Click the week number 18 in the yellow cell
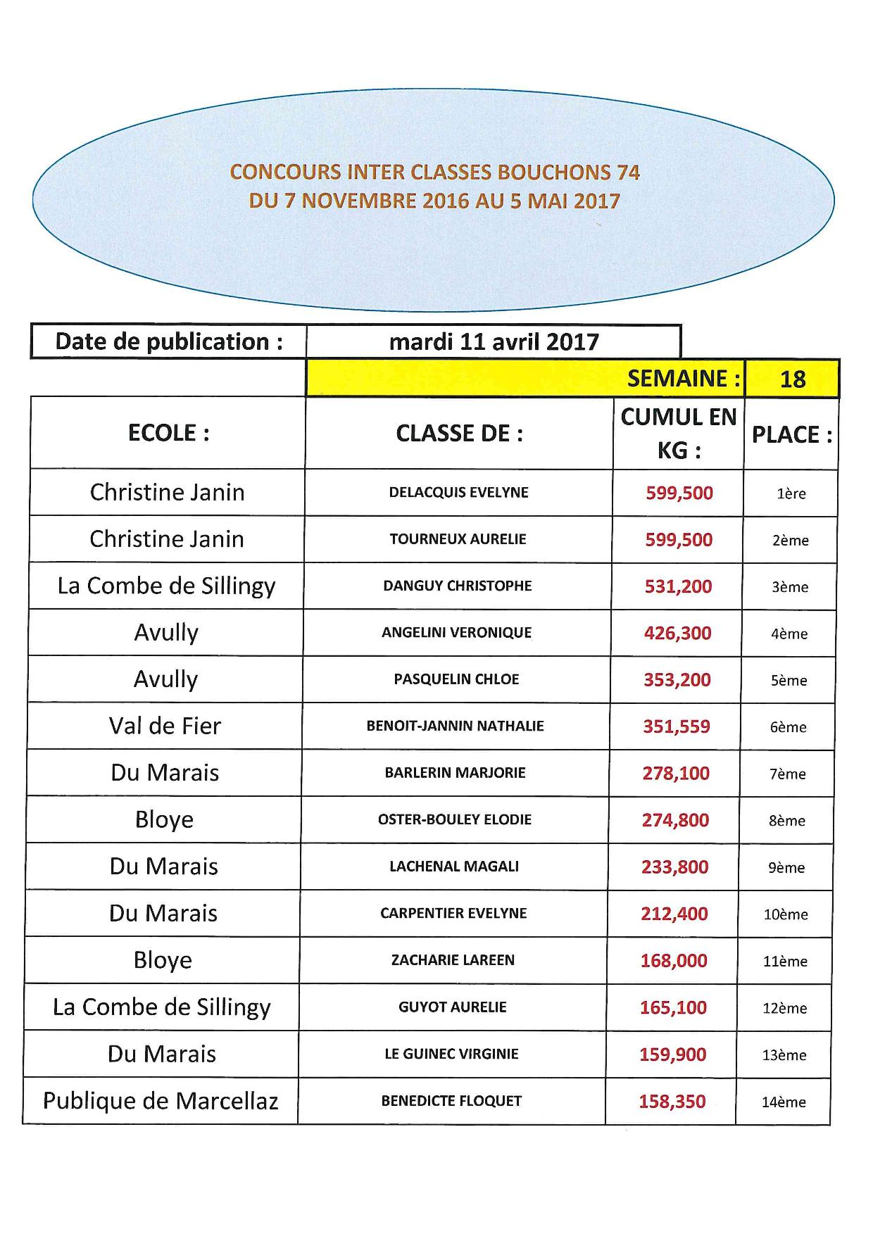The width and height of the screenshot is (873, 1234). tap(792, 379)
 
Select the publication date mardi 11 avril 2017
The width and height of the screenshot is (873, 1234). tap(494, 342)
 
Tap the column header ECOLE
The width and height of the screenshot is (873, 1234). tap(168, 433)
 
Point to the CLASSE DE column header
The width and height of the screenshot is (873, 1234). tap(459, 434)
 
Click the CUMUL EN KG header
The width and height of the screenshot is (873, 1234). tap(678, 433)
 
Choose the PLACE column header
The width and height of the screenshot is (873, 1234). tap(791, 435)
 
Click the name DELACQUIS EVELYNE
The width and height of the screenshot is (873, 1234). tap(458, 493)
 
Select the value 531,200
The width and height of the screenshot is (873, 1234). tap(678, 586)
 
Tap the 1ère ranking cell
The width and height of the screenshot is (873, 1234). tap(791, 493)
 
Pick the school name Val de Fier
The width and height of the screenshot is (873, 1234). tap(165, 726)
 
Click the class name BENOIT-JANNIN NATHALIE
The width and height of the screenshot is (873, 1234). tap(455, 726)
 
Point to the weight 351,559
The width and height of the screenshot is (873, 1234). tap(676, 726)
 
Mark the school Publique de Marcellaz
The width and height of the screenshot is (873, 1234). tap(161, 1100)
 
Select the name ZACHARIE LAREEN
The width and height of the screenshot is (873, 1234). tap(453, 960)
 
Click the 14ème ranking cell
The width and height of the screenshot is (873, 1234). tap(784, 1102)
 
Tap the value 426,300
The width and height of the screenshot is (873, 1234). tap(677, 633)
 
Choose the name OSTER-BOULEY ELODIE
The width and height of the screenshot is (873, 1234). tap(454, 819)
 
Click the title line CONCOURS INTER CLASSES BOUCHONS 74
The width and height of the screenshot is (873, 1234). tap(435, 172)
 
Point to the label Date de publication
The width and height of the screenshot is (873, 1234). tap(169, 341)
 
